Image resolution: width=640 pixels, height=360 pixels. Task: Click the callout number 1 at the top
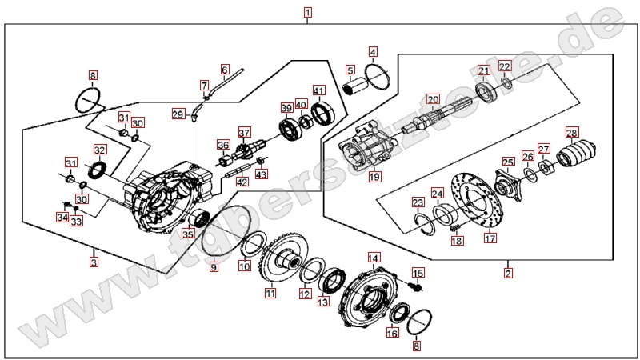308,13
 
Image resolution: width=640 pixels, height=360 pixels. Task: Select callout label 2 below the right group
509,273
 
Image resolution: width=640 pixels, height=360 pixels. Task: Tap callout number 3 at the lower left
94,261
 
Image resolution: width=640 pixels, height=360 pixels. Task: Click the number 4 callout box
373,51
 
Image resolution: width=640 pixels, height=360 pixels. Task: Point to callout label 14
373,258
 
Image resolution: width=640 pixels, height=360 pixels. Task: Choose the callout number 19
374,176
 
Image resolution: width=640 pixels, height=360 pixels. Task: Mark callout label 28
571,133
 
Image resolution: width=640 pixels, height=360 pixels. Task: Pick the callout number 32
99,150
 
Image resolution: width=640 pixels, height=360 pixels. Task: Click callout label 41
318,90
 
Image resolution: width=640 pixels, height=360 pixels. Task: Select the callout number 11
270,294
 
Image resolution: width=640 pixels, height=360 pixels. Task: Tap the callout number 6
225,70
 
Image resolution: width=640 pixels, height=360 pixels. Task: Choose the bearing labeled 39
287,127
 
